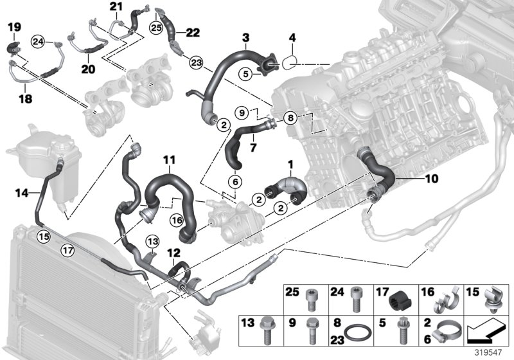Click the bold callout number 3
(245, 39)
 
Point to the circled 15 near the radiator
(42, 235)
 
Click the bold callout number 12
(173, 254)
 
